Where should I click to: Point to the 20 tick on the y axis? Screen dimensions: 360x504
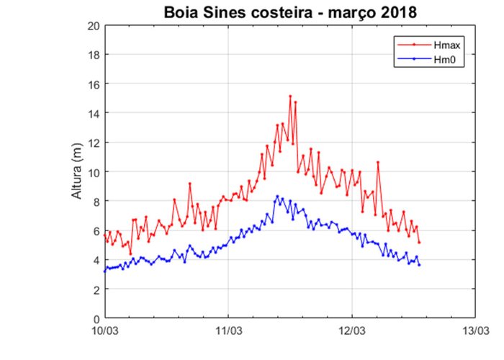(x=94, y=25)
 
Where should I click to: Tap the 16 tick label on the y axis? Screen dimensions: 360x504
(x=94, y=84)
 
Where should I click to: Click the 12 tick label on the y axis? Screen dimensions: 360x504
(x=94, y=143)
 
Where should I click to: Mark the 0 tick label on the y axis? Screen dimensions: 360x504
(x=96, y=318)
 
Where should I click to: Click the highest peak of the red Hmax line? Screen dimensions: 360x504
(x=290, y=96)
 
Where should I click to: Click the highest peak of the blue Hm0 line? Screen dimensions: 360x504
(x=277, y=196)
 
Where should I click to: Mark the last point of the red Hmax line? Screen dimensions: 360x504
(x=419, y=242)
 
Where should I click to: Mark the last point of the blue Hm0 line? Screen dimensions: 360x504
(x=419, y=265)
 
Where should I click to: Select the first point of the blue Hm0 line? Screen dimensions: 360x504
(x=105, y=271)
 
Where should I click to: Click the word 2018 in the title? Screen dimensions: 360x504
(x=395, y=12)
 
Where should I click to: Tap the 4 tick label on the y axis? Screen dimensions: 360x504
(x=96, y=260)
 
